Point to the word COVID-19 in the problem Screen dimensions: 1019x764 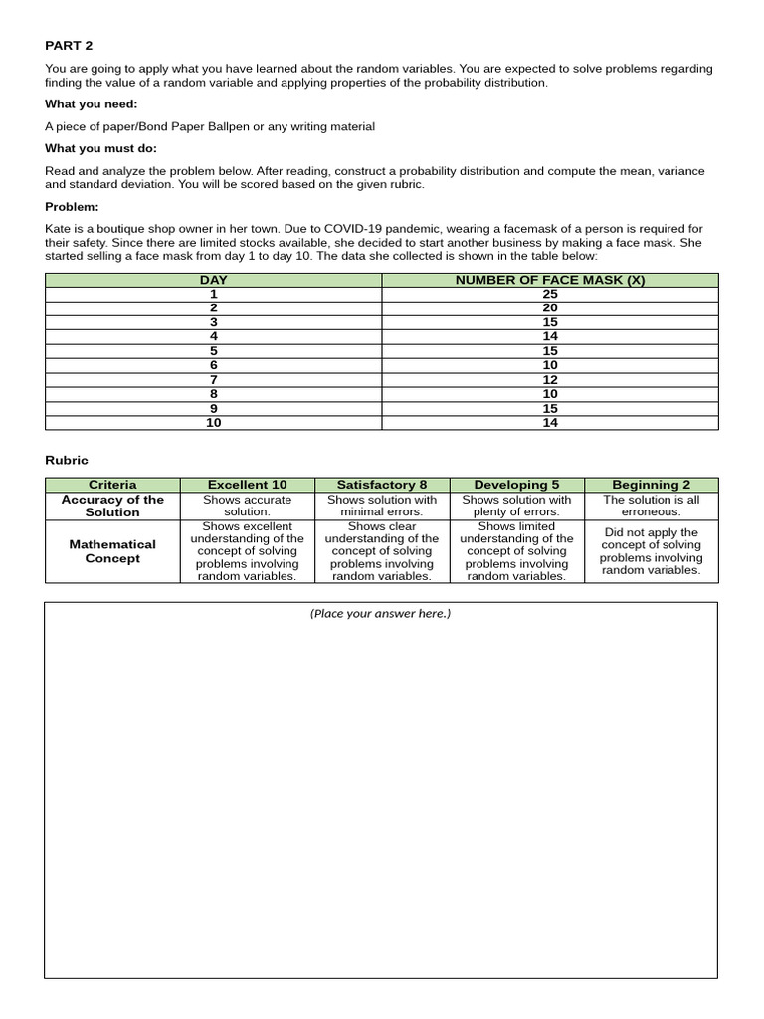354,229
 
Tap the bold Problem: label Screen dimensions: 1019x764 72,207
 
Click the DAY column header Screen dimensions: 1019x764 213,280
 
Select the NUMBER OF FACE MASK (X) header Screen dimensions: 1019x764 549,280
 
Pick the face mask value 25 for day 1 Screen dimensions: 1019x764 549,295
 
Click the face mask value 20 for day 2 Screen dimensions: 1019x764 549,308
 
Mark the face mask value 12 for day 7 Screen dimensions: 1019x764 549,380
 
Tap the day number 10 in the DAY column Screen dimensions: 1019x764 213,423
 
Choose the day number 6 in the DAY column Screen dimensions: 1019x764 213,365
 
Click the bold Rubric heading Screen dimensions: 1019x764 66,461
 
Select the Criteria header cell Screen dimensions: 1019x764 112,485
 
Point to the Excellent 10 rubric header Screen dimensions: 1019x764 247,485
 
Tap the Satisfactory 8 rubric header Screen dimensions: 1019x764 382,485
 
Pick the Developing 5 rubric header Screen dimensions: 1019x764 516,485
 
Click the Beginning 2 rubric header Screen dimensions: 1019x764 651,485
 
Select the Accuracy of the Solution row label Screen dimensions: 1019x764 112,506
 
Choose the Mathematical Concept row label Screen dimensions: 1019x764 112,551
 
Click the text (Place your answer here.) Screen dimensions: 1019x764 380,614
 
